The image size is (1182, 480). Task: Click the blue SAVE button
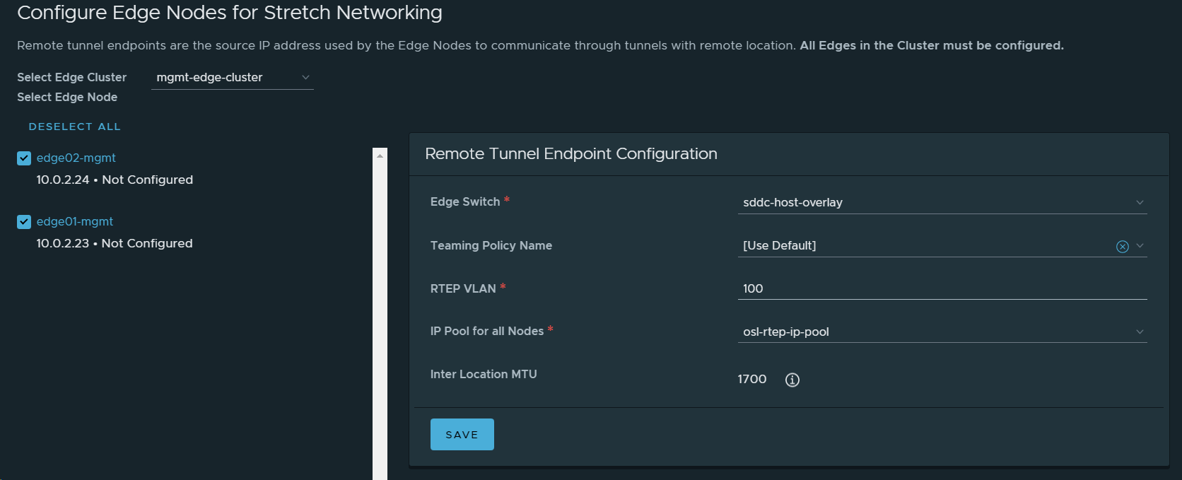[462, 435]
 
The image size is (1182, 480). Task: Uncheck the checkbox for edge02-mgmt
[24, 158]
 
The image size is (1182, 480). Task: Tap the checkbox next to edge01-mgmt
[24, 222]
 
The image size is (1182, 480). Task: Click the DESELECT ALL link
[74, 127]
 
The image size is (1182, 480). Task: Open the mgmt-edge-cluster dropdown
[232, 77]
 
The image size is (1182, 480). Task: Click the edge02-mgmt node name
[76, 158]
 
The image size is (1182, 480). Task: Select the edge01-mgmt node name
[74, 221]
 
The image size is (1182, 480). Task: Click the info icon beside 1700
[792, 380]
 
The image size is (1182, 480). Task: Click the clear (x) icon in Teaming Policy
[1122, 246]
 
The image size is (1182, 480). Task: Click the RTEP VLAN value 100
[753, 288]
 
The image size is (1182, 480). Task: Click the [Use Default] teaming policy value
[779, 245]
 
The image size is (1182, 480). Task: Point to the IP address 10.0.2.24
[63, 180]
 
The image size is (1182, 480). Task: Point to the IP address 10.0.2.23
[63, 243]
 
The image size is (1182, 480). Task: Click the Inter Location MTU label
[484, 374]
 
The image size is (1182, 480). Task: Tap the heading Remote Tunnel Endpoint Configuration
[570, 153]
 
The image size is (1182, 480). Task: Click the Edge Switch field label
[464, 201]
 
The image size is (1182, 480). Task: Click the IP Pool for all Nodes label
[486, 331]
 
